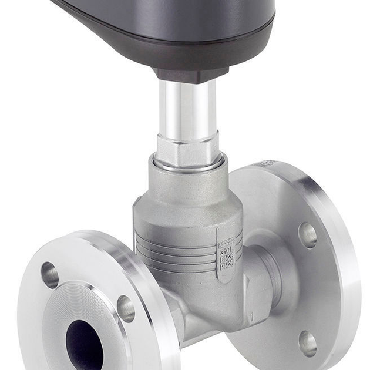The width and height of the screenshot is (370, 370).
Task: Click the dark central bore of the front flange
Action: (84, 343)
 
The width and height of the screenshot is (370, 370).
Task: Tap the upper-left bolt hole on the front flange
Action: (50, 275)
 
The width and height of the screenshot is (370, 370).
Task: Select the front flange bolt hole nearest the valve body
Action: (126, 308)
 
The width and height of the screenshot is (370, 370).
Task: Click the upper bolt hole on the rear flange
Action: (307, 235)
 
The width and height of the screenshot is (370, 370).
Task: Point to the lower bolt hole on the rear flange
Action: (307, 343)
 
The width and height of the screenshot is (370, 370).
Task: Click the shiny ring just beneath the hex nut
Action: (188, 165)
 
